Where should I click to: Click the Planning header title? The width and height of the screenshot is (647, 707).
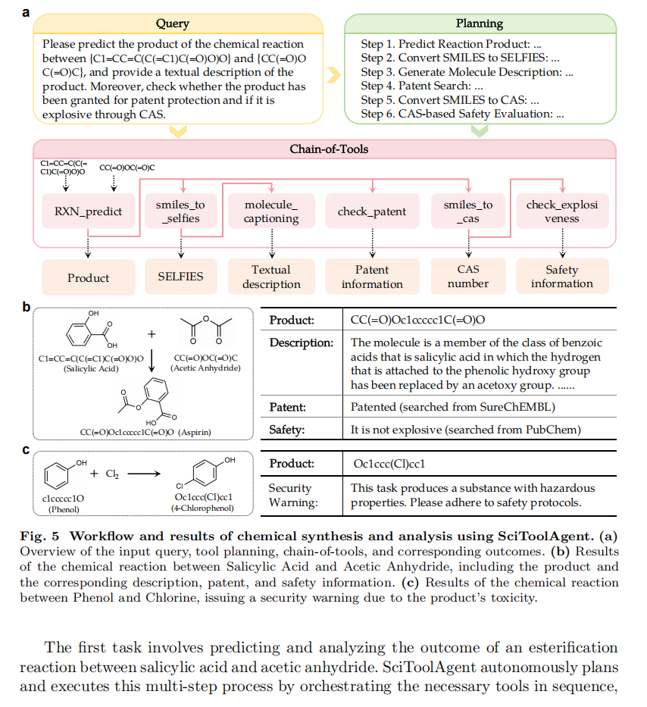click(479, 24)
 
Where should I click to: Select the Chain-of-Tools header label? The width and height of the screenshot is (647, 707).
click(329, 149)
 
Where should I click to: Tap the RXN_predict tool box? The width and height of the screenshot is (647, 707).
click(88, 211)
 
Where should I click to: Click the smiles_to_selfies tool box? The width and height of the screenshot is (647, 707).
click(180, 211)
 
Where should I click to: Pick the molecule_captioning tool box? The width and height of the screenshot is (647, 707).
click(271, 211)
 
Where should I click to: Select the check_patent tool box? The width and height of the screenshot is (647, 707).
click(372, 211)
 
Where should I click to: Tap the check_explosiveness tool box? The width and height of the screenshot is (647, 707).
click(562, 211)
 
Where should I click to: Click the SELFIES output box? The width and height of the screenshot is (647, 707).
click(180, 277)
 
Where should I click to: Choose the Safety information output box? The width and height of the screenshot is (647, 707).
click(562, 277)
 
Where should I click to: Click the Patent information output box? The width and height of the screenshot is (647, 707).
click(372, 277)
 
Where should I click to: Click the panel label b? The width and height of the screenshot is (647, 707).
click(27, 308)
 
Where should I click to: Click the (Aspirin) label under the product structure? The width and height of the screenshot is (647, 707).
click(193, 432)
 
